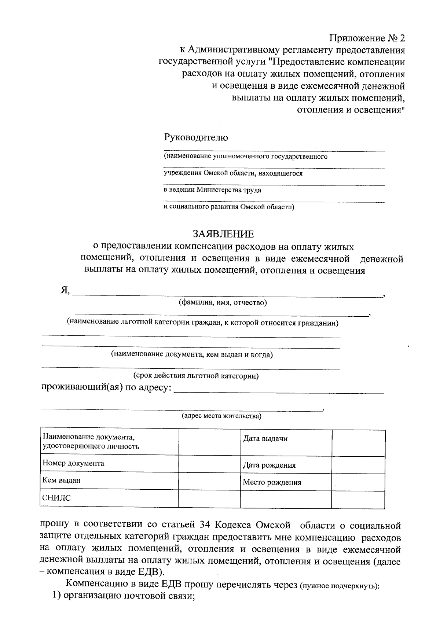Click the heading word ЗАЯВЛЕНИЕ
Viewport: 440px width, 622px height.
223,234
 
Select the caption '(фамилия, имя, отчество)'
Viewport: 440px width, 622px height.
223,302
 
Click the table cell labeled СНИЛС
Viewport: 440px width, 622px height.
109,498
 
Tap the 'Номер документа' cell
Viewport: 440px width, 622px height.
109,463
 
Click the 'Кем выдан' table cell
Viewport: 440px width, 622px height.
109,480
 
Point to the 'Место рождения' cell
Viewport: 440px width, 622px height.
286,482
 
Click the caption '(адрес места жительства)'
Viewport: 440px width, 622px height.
221,416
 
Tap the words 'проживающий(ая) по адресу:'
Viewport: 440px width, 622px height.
106,387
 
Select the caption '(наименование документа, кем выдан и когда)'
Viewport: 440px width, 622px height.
192,354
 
